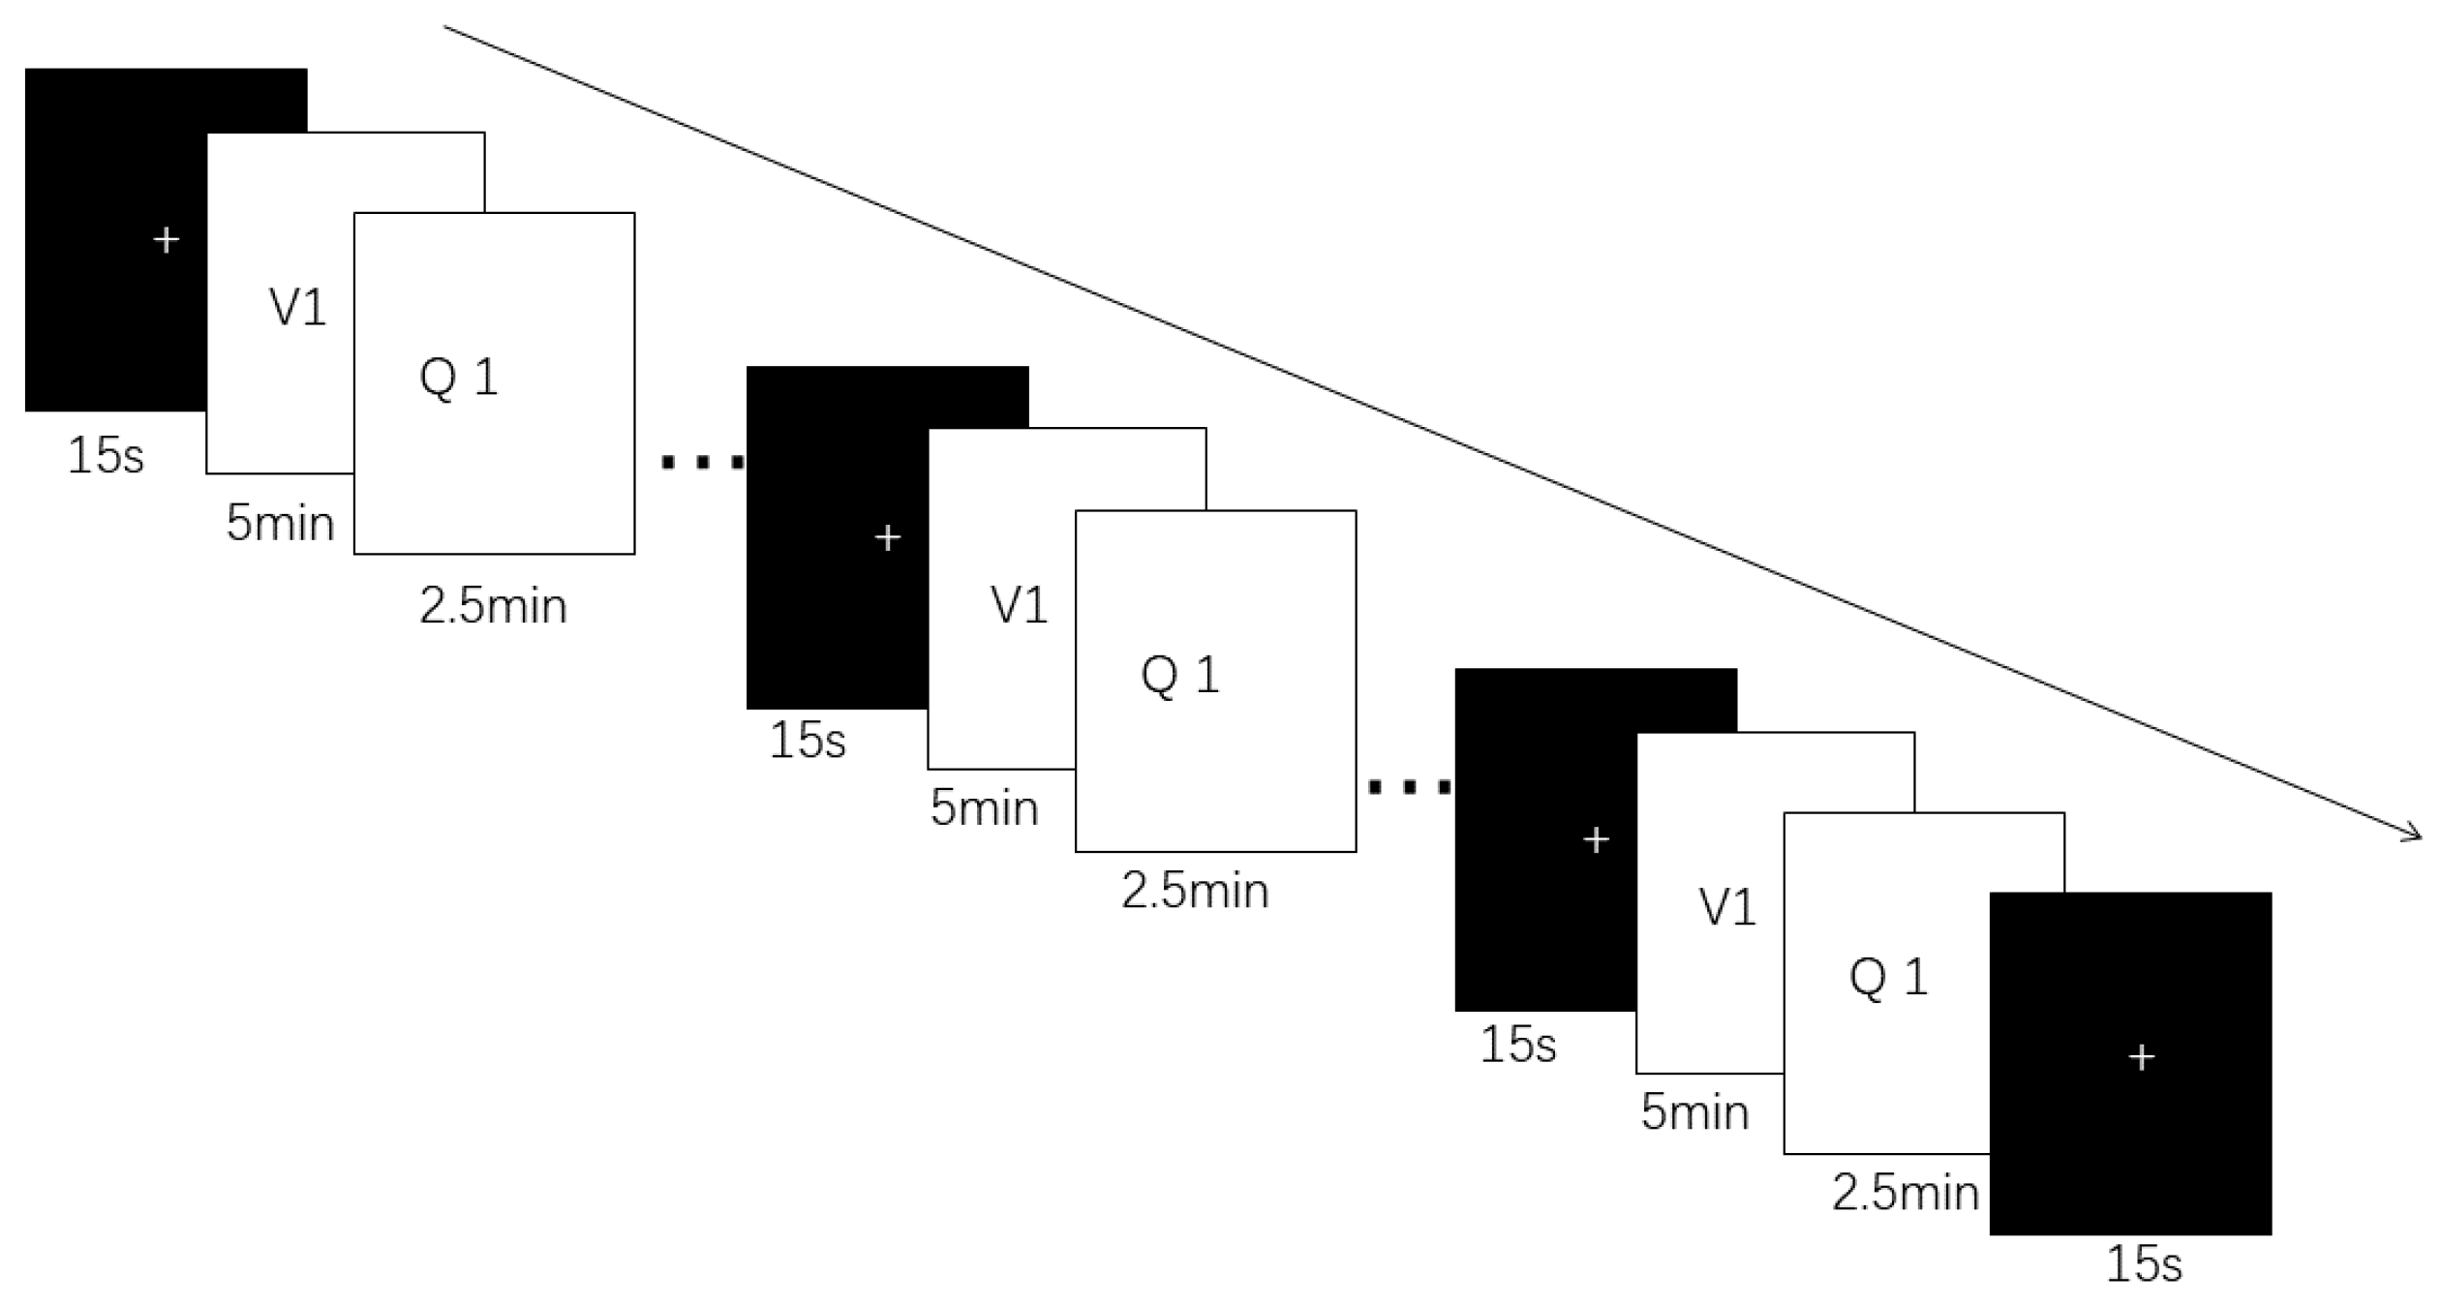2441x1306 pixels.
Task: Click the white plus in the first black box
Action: (167, 239)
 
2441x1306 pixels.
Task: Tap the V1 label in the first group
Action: (297, 308)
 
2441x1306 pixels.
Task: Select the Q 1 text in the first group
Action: (458, 377)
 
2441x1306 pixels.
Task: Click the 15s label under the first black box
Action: (106, 454)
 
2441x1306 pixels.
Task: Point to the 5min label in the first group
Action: (280, 523)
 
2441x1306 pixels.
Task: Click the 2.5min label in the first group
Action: (493, 606)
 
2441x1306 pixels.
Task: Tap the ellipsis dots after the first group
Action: (703, 463)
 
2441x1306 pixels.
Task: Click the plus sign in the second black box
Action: (887, 537)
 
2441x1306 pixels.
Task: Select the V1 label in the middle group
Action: (1019, 606)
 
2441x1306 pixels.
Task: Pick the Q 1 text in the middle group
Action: (1179, 675)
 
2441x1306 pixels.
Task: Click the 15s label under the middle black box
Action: (808, 740)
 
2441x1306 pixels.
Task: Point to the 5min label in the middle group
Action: (984, 807)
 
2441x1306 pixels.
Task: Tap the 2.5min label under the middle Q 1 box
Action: (1195, 891)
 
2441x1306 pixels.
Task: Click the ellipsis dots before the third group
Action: (1410, 787)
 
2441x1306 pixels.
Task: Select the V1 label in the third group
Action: (1727, 908)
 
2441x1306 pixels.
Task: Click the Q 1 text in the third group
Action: (1888, 977)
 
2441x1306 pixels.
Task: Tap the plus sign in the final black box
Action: (2141, 1057)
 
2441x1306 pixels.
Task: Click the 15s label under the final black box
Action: (2144, 1264)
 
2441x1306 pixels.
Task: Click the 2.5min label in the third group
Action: (1905, 1193)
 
